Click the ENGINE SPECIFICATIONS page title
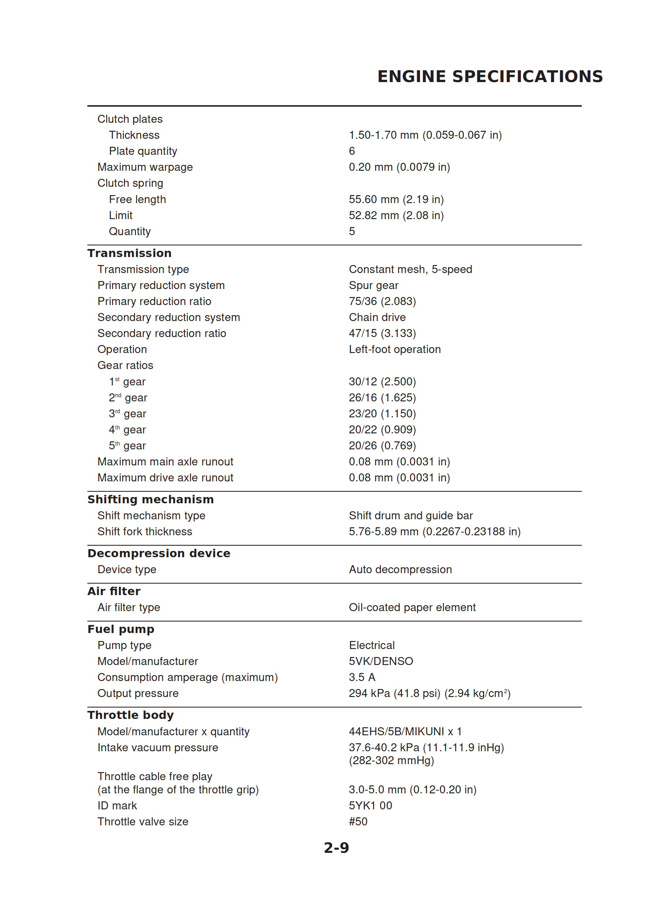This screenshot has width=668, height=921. click(490, 76)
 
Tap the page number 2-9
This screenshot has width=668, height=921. click(336, 848)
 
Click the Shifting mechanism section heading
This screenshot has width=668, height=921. click(150, 499)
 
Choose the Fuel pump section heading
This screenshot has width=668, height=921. click(121, 629)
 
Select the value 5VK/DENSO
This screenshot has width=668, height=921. click(381, 661)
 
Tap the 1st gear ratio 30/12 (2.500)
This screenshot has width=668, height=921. click(382, 381)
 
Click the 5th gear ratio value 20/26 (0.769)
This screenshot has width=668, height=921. click(382, 446)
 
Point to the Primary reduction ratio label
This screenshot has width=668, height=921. click(154, 301)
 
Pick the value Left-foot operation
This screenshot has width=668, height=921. click(395, 349)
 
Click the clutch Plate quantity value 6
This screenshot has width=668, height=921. click(352, 151)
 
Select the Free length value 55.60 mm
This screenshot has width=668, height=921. click(396, 199)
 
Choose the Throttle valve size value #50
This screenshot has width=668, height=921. click(358, 822)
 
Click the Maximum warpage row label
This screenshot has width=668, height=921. click(145, 167)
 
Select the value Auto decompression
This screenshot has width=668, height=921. click(400, 569)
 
